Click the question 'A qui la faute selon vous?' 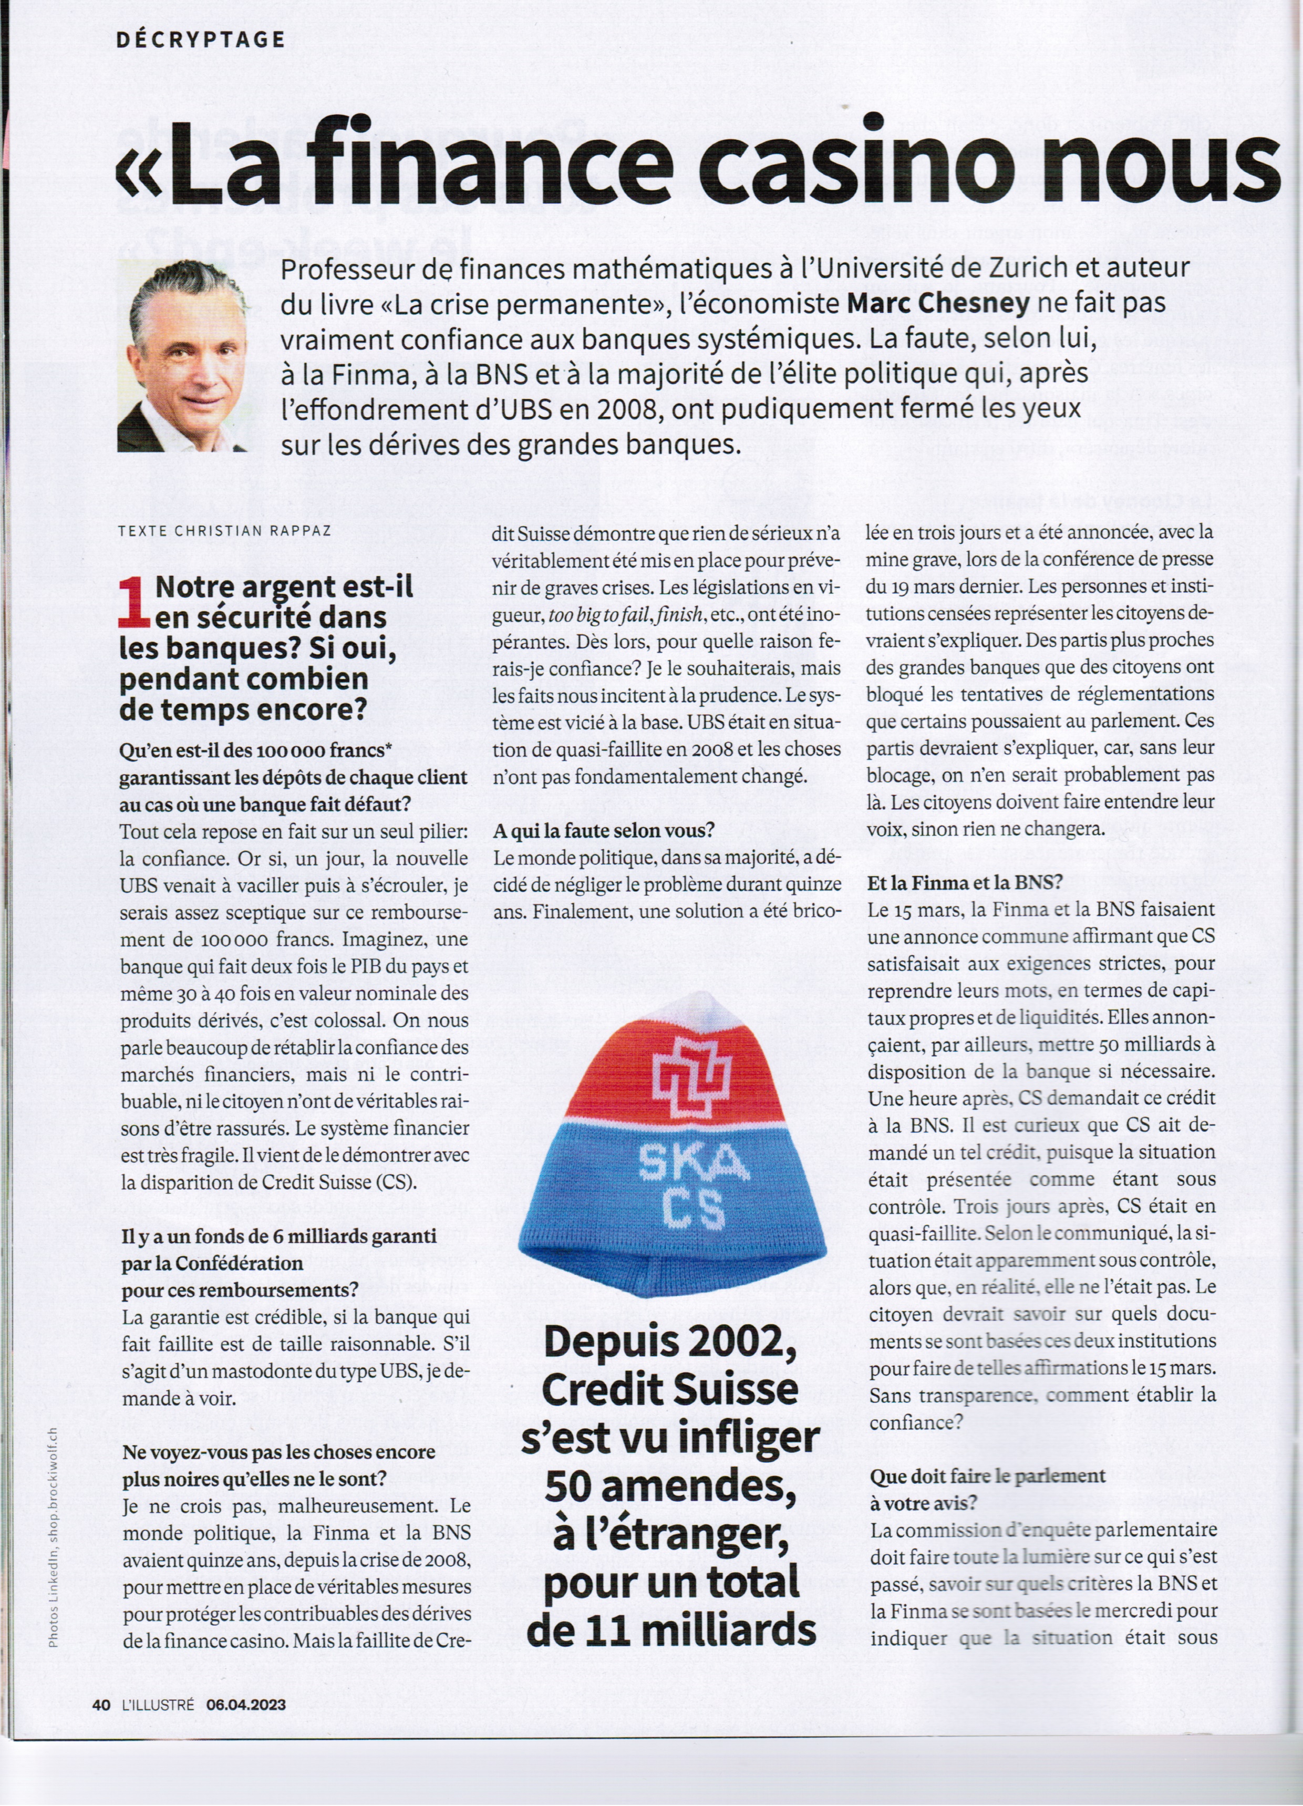pyautogui.click(x=604, y=831)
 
